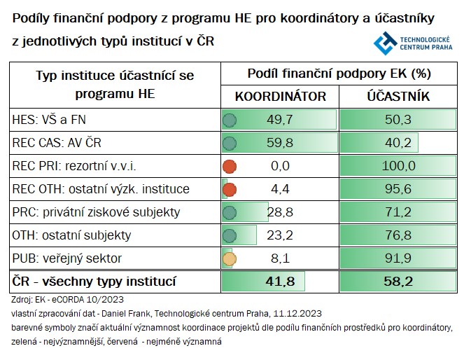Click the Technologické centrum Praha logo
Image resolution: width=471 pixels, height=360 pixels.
(412, 43)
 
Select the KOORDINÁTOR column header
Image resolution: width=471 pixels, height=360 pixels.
(280, 97)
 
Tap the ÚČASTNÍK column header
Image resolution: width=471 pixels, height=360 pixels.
(398, 97)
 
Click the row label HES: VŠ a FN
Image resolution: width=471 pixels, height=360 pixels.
(46, 120)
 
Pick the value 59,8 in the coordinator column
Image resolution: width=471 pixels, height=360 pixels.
(279, 143)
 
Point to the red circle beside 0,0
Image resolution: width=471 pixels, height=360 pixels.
(229, 166)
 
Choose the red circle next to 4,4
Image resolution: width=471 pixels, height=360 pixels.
(229, 189)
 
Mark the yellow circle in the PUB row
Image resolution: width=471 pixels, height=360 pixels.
(229, 258)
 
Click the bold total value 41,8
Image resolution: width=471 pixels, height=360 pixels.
(279, 282)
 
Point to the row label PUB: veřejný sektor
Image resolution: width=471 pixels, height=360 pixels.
(67, 258)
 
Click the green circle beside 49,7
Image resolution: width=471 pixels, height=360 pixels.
(229, 120)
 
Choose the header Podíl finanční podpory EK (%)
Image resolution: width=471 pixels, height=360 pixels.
(339, 74)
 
